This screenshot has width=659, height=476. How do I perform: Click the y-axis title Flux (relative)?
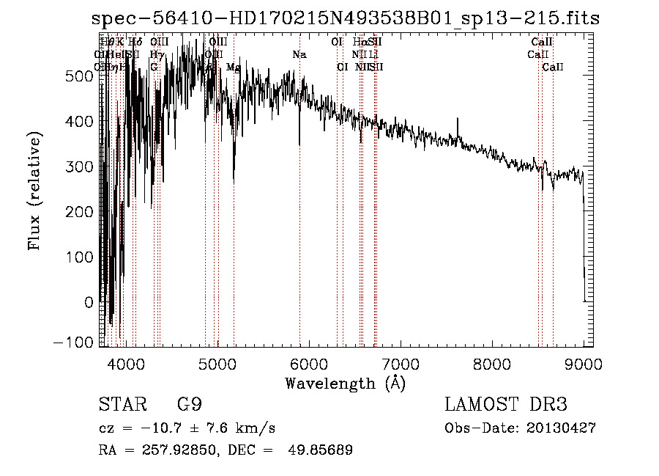tap(34, 190)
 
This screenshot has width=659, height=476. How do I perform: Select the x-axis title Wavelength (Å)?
tap(345, 383)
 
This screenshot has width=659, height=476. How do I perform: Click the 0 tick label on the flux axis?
tap(89, 301)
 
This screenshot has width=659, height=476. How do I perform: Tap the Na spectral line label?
tap(299, 55)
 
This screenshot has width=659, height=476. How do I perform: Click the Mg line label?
tap(233, 67)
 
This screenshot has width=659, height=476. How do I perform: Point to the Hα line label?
tap(359, 43)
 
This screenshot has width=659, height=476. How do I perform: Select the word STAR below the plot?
tap(122, 406)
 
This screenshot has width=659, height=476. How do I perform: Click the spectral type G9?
tap(189, 406)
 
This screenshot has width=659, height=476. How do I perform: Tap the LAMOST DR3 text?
tap(506, 405)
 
